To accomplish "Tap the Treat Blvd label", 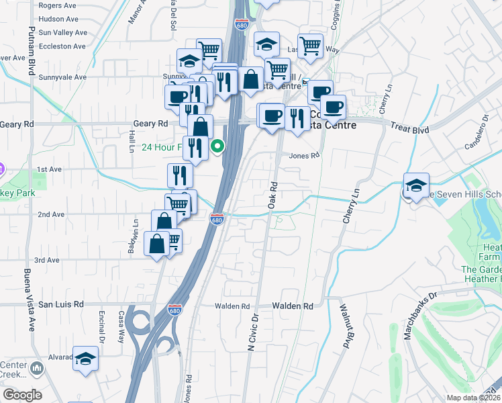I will [408, 126].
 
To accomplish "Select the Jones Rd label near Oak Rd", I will [304, 155].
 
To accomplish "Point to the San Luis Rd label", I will [60, 304].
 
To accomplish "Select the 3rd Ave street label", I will [48, 260].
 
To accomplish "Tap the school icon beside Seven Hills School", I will [416, 185].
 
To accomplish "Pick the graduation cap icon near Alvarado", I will [86, 359].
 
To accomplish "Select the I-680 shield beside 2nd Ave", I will [217, 220].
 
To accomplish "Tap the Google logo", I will [22, 395].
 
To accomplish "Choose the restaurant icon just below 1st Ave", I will [180, 176].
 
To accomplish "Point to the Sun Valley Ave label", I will [63, 32].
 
